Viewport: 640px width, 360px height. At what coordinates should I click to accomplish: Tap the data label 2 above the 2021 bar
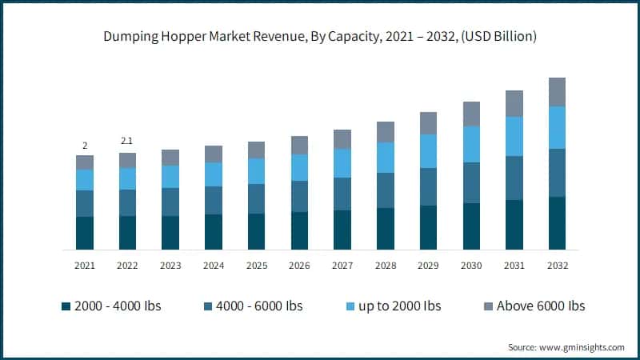pyautogui.click(x=85, y=146)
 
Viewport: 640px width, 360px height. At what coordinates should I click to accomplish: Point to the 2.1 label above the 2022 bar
pyautogui.click(x=127, y=142)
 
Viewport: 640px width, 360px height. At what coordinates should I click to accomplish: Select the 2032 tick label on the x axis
pyautogui.click(x=557, y=265)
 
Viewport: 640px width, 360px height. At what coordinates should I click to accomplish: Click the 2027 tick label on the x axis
pyautogui.click(x=342, y=265)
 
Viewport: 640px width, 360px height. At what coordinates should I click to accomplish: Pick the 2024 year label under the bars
pyautogui.click(x=214, y=265)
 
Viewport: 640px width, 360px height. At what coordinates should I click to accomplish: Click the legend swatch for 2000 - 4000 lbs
pyautogui.click(x=65, y=306)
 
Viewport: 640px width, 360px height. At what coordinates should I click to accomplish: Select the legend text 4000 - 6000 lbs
pyautogui.click(x=258, y=306)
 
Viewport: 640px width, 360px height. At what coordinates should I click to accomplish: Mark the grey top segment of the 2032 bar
pyautogui.click(x=557, y=92)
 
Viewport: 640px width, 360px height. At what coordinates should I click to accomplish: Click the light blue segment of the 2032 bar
pyautogui.click(x=557, y=127)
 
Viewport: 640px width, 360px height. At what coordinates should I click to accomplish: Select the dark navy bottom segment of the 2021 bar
pyautogui.click(x=85, y=233)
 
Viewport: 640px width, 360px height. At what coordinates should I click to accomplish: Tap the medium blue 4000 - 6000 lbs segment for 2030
pyautogui.click(x=471, y=182)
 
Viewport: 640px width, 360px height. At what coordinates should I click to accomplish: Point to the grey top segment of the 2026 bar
pyautogui.click(x=299, y=145)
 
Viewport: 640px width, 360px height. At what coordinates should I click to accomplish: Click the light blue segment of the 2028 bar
pyautogui.click(x=386, y=158)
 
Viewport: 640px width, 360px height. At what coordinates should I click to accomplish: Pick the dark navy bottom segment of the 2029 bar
pyautogui.click(x=428, y=227)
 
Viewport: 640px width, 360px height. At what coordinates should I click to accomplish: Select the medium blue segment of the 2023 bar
pyautogui.click(x=170, y=202)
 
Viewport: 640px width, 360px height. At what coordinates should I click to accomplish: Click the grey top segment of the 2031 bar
pyautogui.click(x=514, y=103)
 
